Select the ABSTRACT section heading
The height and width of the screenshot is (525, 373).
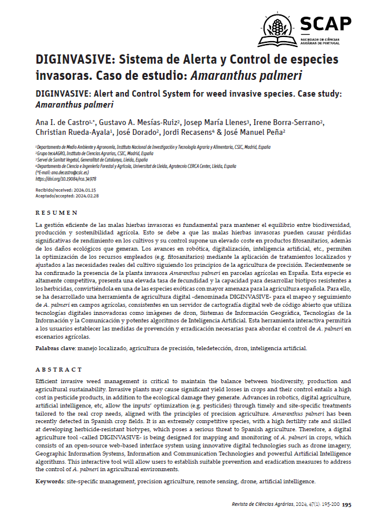(x=58, y=369)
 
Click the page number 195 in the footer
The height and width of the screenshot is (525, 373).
(x=347, y=505)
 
